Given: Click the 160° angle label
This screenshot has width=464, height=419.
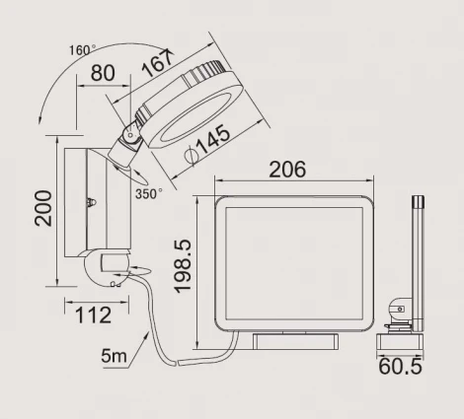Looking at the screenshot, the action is pyautogui.click(x=82, y=50).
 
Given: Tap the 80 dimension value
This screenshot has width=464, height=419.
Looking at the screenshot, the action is pyautogui.click(x=103, y=73).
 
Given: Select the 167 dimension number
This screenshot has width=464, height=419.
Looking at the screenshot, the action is pyautogui.click(x=158, y=64).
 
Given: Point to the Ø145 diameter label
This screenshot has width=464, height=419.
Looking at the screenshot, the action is pyautogui.click(x=207, y=144).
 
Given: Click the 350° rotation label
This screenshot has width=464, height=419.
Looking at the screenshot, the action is pyautogui.click(x=149, y=193).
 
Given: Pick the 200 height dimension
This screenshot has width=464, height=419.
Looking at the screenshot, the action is pyautogui.click(x=43, y=208).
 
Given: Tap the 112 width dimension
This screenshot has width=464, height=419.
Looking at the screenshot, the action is pyautogui.click(x=94, y=315).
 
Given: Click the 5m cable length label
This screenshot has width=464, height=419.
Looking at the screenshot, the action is pyautogui.click(x=114, y=356).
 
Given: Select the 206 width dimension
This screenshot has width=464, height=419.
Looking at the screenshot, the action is pyautogui.click(x=287, y=170).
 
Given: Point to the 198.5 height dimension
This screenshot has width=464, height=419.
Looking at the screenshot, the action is pyautogui.click(x=182, y=266).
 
